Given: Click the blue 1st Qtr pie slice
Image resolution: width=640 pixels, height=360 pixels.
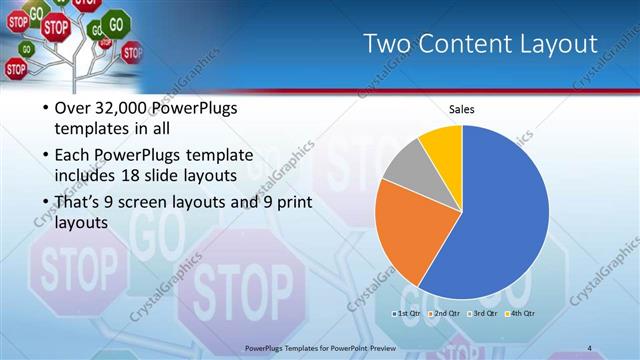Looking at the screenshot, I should [500, 215].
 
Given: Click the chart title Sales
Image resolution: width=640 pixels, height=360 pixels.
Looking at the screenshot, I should [461, 109].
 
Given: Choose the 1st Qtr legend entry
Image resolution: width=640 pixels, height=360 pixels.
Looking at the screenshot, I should [407, 313].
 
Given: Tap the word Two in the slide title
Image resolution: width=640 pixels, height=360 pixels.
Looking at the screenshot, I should [389, 44].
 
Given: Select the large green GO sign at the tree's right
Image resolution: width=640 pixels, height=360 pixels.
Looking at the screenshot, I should [117, 22].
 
